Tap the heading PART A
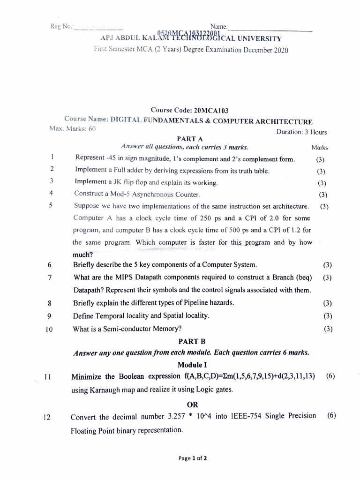pyautogui.click(x=190, y=139)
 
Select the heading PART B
pyautogui.click(x=191, y=342)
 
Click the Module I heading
pyautogui.click(x=192, y=365)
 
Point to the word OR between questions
pyautogui.click(x=192, y=405)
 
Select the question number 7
pyautogui.click(x=49, y=277)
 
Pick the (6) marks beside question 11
pyautogui.click(x=331, y=376)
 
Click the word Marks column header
pyautogui.click(x=319, y=148)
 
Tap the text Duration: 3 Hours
pyautogui.click(x=301, y=132)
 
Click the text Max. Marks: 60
pyautogui.click(x=73, y=128)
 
